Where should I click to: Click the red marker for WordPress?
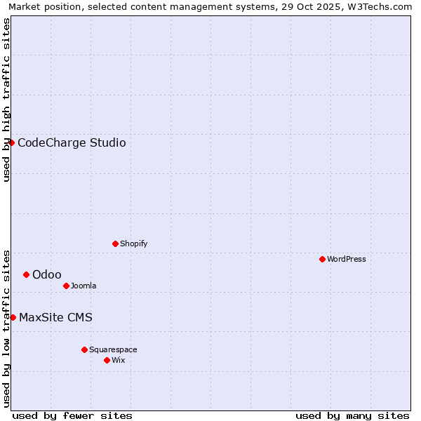click(x=322, y=259)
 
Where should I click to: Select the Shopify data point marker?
click(x=115, y=243)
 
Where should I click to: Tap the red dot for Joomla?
click(x=66, y=286)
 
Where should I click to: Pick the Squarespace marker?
click(x=84, y=349)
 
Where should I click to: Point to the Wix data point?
click(x=107, y=360)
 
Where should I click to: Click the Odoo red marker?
click(x=26, y=274)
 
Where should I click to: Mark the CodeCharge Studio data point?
click(x=11, y=142)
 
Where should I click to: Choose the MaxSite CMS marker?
click(x=13, y=317)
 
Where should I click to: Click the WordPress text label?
click(x=347, y=259)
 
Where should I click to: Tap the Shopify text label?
click(x=133, y=243)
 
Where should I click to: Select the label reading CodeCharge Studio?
click(x=72, y=143)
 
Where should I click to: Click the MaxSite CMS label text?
click(x=55, y=318)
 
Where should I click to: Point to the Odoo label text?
click(x=46, y=274)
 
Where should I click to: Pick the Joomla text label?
click(x=83, y=286)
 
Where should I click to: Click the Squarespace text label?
click(x=113, y=349)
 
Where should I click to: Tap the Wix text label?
click(x=118, y=360)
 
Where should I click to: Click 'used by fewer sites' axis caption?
click(x=72, y=415)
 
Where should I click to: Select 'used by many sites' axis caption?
click(x=352, y=415)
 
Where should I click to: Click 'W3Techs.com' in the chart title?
click(x=382, y=6)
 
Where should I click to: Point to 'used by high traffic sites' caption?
click(x=6, y=100)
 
